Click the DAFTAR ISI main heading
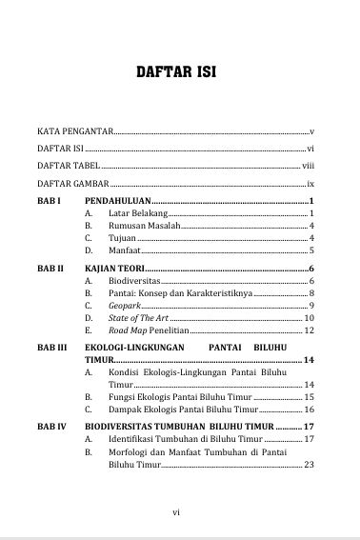180,70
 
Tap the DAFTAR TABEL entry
68,165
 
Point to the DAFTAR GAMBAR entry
72,183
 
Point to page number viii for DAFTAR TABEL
308,165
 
